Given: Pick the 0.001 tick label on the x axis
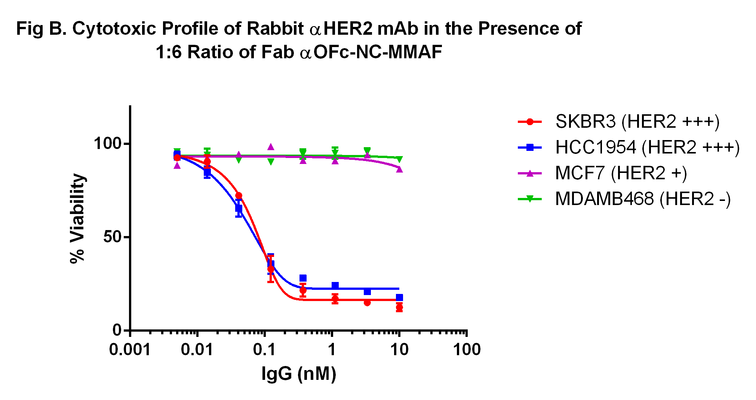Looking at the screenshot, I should tap(130, 350).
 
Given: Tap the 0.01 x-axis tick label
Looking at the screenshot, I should tap(197, 350).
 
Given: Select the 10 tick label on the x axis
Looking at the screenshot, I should tap(399, 350).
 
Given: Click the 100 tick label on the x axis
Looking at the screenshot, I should tap(467, 350).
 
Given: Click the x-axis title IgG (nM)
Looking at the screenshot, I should tap(299, 374).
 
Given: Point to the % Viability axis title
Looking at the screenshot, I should tap(78, 218).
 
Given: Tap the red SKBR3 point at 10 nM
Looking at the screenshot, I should tap(399, 307).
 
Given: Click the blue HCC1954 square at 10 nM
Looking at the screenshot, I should tap(399, 298).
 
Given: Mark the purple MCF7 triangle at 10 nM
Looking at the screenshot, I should tap(399, 169).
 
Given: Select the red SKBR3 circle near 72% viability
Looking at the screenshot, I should tap(239, 196).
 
